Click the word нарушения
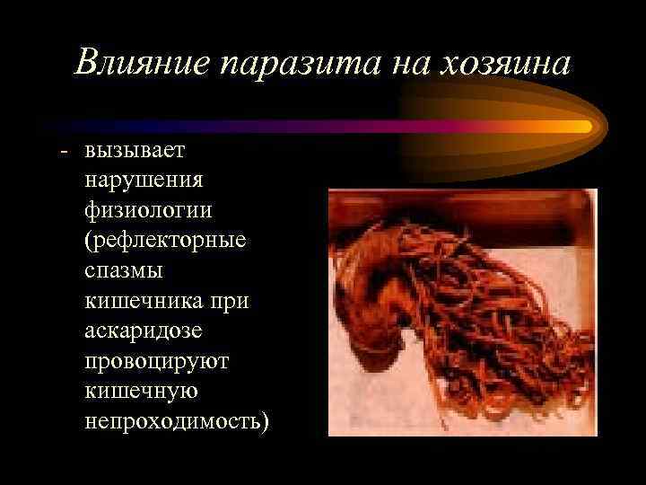tap(144, 180)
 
